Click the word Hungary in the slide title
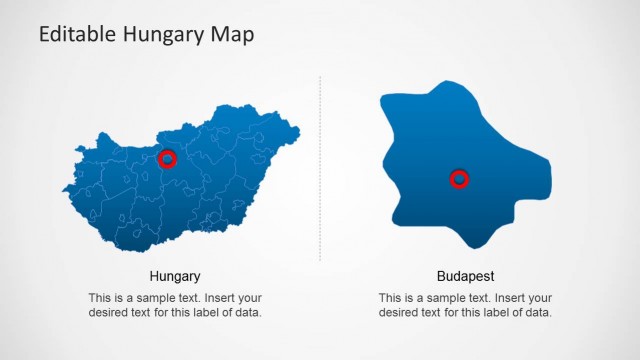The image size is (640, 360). [158, 35]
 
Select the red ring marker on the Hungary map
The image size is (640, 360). [167, 158]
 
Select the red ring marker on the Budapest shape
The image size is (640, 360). [459, 179]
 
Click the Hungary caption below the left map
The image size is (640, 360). [175, 276]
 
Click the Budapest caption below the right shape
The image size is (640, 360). [466, 276]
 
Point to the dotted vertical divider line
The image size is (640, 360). [320, 170]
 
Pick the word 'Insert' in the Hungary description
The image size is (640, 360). [222, 298]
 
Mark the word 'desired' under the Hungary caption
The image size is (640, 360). [109, 313]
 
